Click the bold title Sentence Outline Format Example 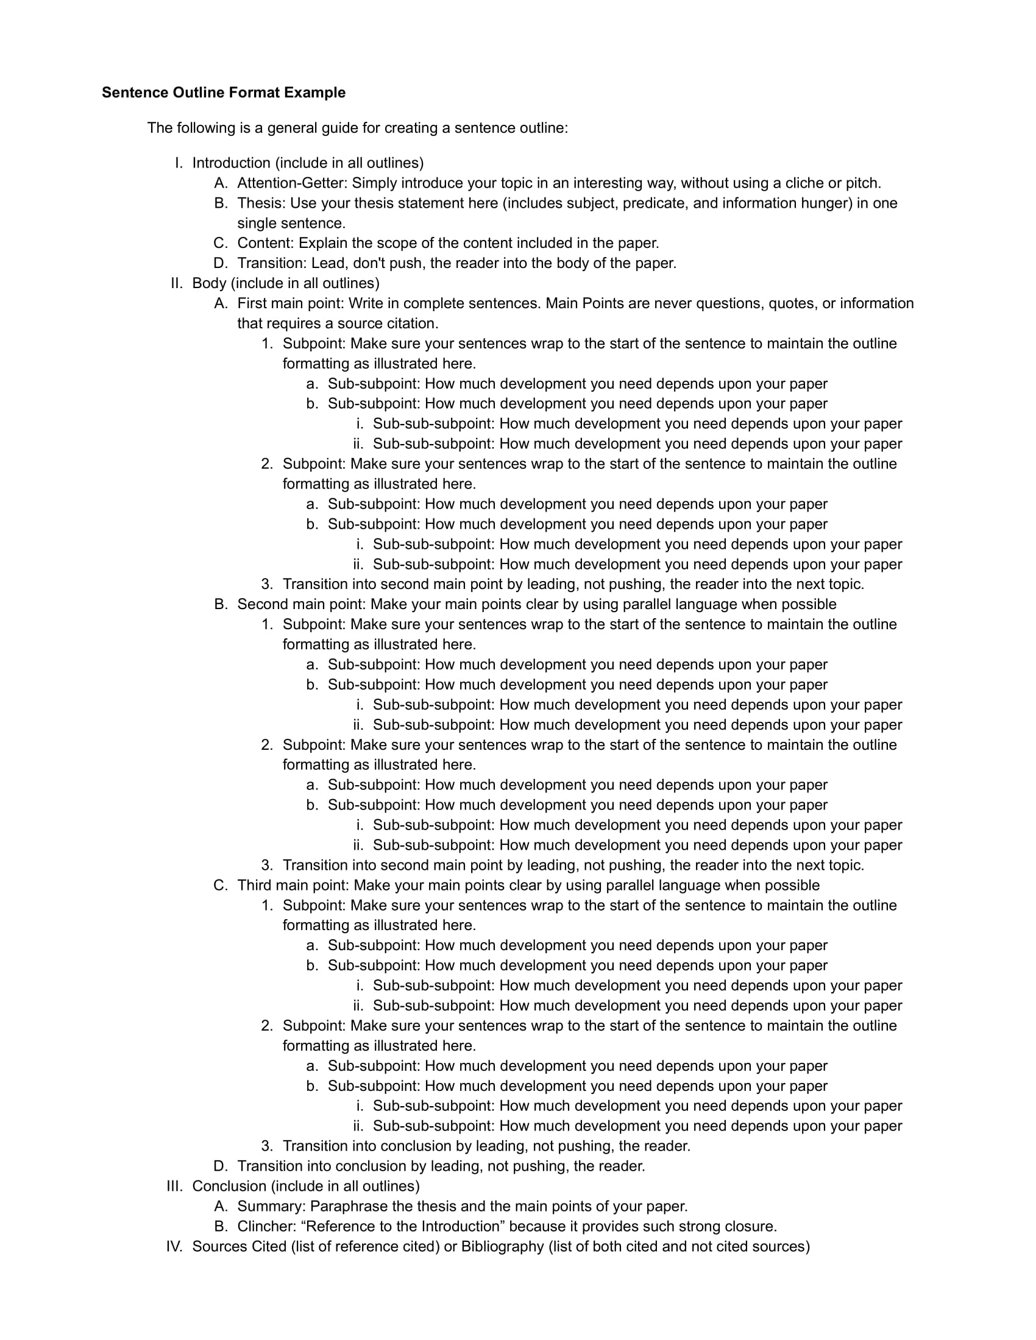(x=224, y=93)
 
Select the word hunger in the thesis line (x=826, y=203)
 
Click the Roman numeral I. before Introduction (x=179, y=163)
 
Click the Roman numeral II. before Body (x=177, y=283)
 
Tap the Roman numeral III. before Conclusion (x=175, y=1186)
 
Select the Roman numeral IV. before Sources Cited (x=175, y=1246)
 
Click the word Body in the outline (x=209, y=283)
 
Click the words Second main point (x=301, y=604)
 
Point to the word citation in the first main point (x=413, y=323)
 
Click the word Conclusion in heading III (x=229, y=1186)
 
